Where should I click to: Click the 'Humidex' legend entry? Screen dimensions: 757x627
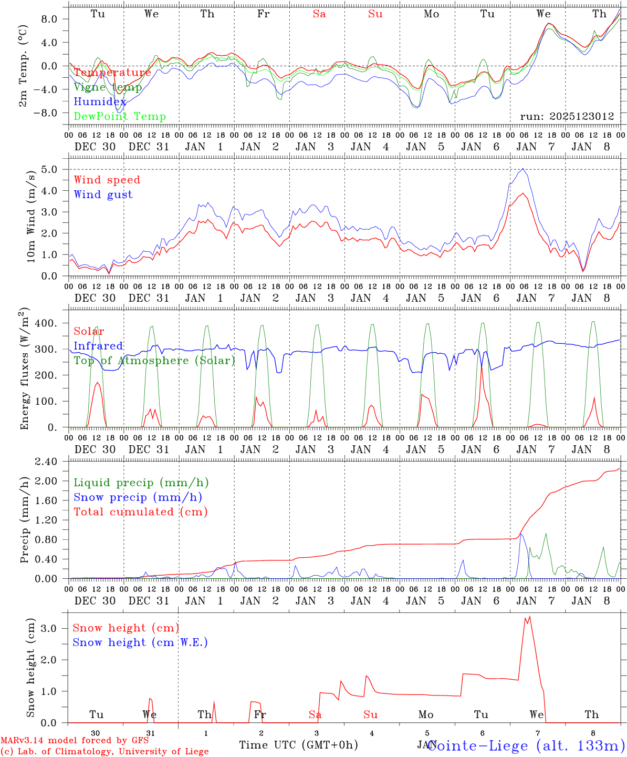[x=100, y=101]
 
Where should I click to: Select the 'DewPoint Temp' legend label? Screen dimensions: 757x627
[x=120, y=116]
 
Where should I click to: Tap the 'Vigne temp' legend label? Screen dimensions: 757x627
[x=108, y=87]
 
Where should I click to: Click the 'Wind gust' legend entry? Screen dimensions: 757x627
[x=103, y=195]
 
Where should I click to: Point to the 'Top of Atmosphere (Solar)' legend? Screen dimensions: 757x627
[x=154, y=360]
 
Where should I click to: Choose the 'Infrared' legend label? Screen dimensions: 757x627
[x=98, y=345]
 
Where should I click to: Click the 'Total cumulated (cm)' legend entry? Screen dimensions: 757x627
[x=140, y=512]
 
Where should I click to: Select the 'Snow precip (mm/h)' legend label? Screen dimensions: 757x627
[x=138, y=497]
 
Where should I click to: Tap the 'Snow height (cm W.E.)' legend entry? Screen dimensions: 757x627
[x=140, y=642]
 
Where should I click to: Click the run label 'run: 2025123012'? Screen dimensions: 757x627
[x=567, y=116]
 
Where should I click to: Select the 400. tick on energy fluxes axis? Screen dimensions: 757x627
[x=45, y=323]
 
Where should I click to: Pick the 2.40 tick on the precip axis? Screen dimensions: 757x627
[x=46, y=462]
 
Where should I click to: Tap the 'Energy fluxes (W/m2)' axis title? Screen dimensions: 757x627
[x=25, y=370]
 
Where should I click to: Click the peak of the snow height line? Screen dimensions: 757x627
[x=529, y=616]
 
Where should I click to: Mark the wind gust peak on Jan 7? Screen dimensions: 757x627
[x=523, y=169]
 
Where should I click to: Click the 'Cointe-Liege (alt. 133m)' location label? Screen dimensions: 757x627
[x=526, y=745]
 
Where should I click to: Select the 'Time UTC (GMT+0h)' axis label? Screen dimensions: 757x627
[x=298, y=745]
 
